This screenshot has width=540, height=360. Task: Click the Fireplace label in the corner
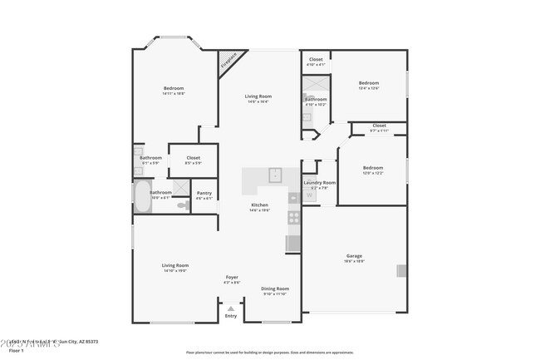pyautogui.click(x=229, y=62)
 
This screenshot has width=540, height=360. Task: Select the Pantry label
pyautogui.click(x=204, y=193)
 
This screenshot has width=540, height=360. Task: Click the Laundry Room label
pyautogui.click(x=319, y=182)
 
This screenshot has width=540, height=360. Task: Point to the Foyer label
pyautogui.click(x=232, y=277)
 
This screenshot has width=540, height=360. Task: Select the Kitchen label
pyautogui.click(x=260, y=205)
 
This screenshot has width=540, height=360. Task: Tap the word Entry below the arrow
pyautogui.click(x=231, y=316)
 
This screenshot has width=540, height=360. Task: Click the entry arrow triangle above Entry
pyautogui.click(x=231, y=308)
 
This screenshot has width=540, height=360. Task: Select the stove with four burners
pyautogui.click(x=293, y=218)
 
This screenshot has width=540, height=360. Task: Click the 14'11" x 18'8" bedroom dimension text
pyautogui.click(x=174, y=94)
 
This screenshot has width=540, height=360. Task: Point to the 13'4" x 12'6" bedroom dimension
pyautogui.click(x=369, y=89)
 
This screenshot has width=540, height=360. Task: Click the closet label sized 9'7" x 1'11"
pyautogui.click(x=379, y=131)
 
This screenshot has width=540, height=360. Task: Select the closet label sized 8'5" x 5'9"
pyautogui.click(x=193, y=163)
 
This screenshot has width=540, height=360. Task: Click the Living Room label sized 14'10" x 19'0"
pyautogui.click(x=175, y=270)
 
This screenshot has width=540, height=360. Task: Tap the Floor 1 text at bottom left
pyautogui.click(x=14, y=351)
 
